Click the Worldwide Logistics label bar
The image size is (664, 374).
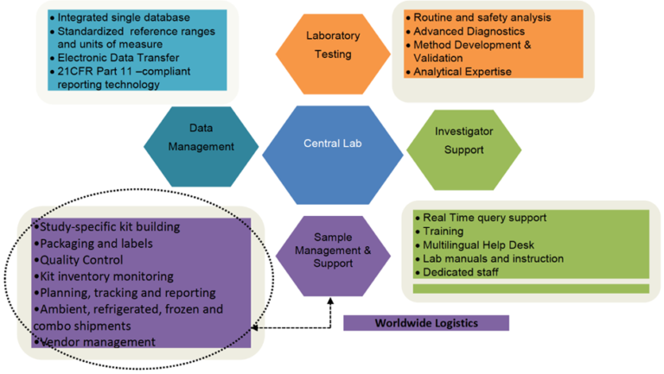(426, 323)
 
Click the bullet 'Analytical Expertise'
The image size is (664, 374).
(464, 71)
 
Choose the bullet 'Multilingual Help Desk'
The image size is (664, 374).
(482, 244)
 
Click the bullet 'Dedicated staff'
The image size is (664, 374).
(460, 272)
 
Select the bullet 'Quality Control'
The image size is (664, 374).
(80, 260)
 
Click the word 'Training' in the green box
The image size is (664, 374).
(443, 231)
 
